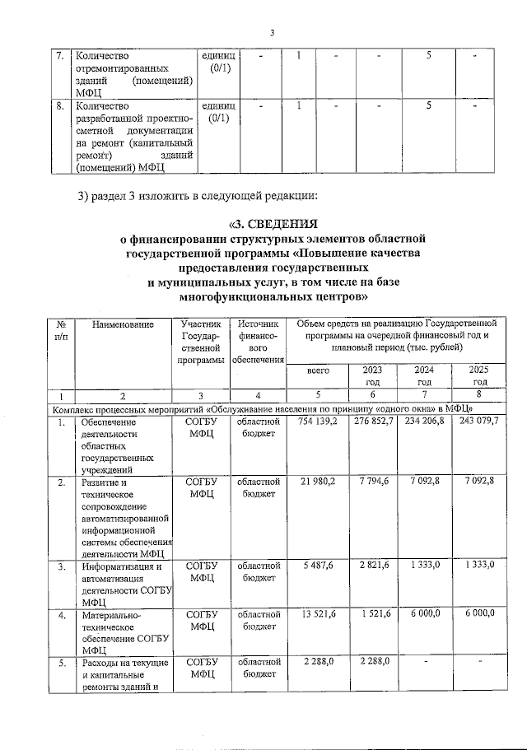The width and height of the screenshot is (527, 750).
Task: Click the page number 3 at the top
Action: click(x=273, y=33)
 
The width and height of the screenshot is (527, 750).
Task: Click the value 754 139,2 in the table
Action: click(x=312, y=422)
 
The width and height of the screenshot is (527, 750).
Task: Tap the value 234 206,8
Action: click(x=422, y=422)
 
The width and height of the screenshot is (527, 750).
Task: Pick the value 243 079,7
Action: click(x=478, y=422)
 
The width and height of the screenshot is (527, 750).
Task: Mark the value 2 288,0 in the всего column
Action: click(x=317, y=662)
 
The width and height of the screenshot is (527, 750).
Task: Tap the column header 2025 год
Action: click(x=478, y=375)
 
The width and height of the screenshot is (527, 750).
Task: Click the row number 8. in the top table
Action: click(x=60, y=106)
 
